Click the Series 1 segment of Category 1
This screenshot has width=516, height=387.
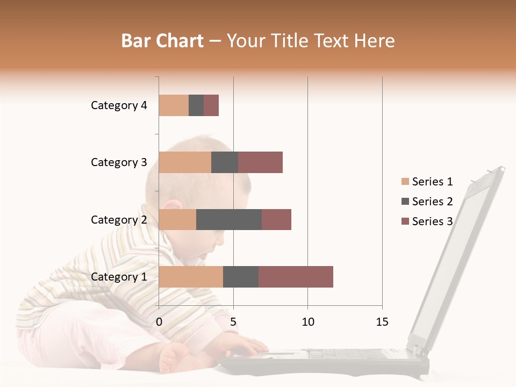pos(191,277)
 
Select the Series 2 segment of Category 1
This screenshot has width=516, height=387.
pos(241,277)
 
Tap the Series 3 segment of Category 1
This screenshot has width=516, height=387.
pos(296,277)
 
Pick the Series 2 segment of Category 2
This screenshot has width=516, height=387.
pos(229,219)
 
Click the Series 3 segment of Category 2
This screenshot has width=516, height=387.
pos(276,219)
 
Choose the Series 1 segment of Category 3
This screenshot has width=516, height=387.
pos(185,162)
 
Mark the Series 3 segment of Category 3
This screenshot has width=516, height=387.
pos(260,162)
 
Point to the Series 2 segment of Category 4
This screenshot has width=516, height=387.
pos(196,105)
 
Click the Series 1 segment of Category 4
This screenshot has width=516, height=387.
pos(174,105)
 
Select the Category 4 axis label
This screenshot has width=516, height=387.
pos(119,105)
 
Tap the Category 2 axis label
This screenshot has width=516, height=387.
pos(119,220)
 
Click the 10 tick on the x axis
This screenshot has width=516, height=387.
pos(307,322)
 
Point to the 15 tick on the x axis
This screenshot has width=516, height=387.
pos(382,322)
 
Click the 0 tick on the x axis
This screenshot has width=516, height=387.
pos(159,322)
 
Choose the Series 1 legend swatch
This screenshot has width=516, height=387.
pos(405,182)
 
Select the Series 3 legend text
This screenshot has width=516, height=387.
pos(432,221)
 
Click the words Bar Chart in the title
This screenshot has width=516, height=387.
pos(162,41)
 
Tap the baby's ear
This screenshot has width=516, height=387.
pos(173,210)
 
